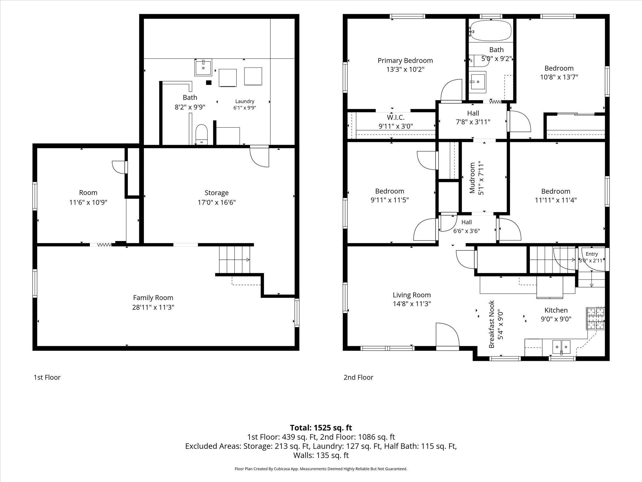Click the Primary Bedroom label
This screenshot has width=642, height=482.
click(x=405, y=61)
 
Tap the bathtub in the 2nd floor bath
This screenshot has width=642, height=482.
click(x=491, y=30)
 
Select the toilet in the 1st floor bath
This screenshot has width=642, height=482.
click(x=201, y=135)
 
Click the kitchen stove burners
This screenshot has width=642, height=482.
click(x=595, y=318)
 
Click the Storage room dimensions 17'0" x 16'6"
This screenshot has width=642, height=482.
click(x=217, y=202)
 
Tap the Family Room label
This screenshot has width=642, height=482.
click(x=153, y=297)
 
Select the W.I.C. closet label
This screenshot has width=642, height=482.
click(x=396, y=117)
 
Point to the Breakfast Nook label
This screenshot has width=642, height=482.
click(x=492, y=324)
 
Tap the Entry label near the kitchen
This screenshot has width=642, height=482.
click(x=592, y=254)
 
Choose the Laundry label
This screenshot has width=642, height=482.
click(x=245, y=101)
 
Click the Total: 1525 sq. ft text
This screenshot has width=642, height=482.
click(x=321, y=428)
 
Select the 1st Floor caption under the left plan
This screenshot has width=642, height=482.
click(x=47, y=377)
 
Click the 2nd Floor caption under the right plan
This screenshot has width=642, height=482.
click(x=358, y=377)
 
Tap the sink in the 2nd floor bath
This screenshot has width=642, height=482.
click(x=478, y=82)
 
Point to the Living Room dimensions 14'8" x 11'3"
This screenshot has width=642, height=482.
click(x=412, y=304)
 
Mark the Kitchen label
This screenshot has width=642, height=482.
click(x=556, y=310)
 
